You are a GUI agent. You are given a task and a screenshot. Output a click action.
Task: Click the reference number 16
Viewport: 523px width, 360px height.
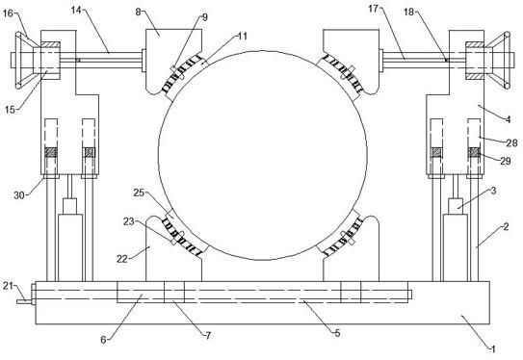pos(8,13)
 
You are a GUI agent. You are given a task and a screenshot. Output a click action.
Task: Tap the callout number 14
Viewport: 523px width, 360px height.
pos(76,11)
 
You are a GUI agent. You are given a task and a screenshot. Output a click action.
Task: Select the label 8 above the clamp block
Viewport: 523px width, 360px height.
pos(138,12)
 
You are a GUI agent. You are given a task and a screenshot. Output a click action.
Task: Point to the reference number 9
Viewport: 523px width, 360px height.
pos(205,17)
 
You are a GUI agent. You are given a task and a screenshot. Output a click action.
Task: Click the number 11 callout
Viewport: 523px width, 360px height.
pos(243,36)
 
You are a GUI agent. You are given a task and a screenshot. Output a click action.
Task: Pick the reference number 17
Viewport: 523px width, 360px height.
pos(374,9)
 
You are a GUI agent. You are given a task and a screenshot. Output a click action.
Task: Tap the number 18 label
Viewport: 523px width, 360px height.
pos(409,13)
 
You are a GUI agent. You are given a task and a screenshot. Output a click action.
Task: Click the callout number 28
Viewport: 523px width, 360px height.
pos(512,143)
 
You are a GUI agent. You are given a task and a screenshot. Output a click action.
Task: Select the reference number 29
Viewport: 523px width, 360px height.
pos(506,161)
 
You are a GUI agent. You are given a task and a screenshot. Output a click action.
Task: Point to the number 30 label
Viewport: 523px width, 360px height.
pos(19,195)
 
